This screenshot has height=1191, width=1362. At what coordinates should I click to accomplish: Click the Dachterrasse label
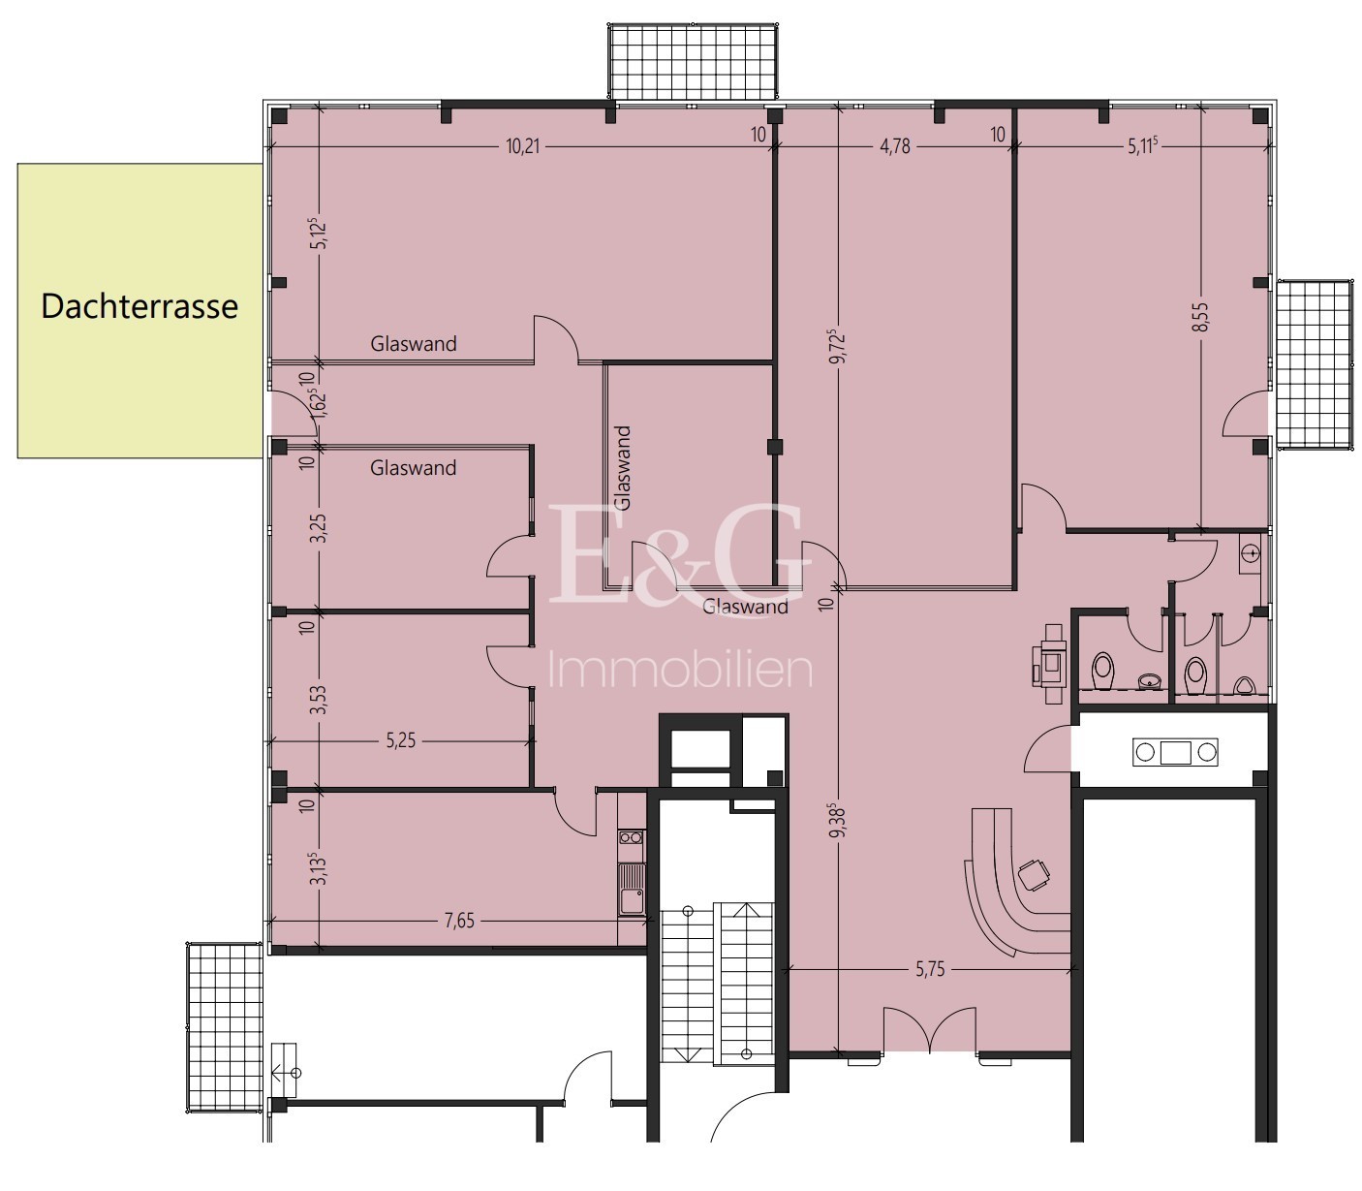(139, 307)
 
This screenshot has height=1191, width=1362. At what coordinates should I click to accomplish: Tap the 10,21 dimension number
(523, 146)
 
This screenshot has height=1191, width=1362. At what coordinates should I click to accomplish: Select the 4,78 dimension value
(895, 146)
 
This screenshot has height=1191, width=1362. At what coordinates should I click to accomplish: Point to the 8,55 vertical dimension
(1201, 317)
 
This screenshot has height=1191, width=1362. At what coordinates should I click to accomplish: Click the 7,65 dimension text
(459, 921)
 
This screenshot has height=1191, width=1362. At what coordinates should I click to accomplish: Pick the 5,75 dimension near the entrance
(930, 969)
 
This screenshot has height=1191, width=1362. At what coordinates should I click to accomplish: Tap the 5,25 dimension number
(401, 741)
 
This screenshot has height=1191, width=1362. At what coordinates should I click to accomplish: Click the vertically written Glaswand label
(623, 468)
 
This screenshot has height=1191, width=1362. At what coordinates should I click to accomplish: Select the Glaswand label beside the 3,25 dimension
(413, 468)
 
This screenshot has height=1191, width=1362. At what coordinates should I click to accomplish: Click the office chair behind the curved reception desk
(1033, 873)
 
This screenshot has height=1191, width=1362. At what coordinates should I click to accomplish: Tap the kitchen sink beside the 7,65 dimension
(631, 889)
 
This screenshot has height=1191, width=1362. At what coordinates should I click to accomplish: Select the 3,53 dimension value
(321, 700)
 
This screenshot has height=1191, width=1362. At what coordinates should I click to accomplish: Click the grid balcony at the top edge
(693, 62)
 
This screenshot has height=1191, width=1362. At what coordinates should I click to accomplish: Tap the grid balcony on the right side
(1315, 364)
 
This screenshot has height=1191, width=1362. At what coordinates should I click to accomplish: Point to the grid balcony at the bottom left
(225, 1026)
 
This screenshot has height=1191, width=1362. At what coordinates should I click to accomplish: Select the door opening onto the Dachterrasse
(292, 413)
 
